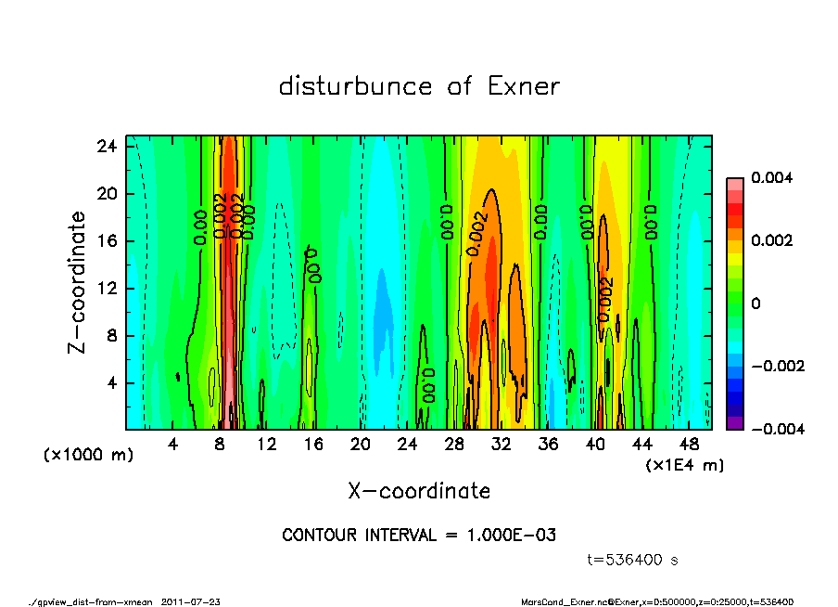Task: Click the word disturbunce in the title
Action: [356, 87]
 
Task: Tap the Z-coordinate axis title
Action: [78, 282]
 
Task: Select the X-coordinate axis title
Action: [419, 491]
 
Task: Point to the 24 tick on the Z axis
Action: [108, 147]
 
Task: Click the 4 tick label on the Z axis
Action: [111, 383]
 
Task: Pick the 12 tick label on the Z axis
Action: [108, 289]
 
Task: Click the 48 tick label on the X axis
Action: [689, 445]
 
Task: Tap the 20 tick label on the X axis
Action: [361, 445]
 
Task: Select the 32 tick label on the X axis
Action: [502, 445]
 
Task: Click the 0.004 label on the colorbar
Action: [768, 177]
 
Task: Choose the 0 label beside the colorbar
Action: [756, 303]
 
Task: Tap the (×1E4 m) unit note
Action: [684, 465]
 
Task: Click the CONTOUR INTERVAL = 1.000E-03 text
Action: [419, 536]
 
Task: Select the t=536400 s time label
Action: [633, 560]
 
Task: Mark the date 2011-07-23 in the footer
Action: [191, 601]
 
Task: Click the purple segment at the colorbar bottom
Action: [734, 423]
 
